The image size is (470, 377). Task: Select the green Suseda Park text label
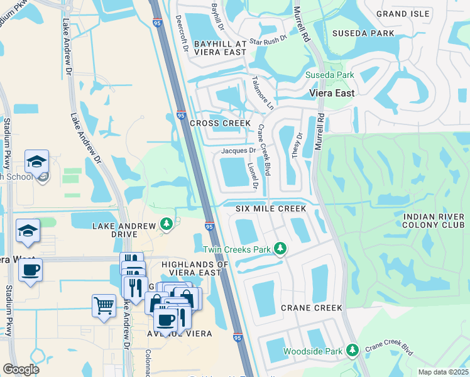330,75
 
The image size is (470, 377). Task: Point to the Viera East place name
332,93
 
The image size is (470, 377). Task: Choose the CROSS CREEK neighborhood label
220,123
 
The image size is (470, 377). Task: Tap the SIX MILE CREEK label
271,208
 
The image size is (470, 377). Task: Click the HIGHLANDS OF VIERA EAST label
195,268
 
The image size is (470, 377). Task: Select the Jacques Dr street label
238,151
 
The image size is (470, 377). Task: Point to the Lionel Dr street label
253,176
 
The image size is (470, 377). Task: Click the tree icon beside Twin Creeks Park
280,249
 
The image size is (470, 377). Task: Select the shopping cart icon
104,307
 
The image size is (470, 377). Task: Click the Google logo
21,369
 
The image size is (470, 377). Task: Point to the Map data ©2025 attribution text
443,371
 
